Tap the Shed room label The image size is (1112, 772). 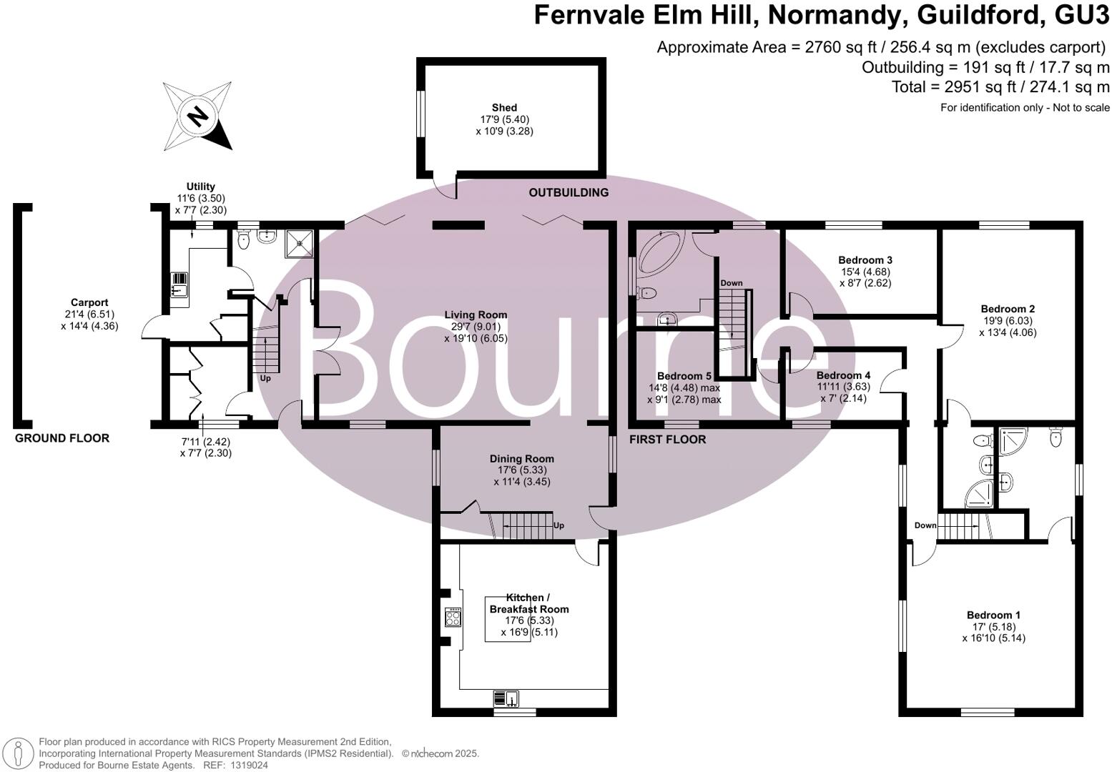tap(504, 108)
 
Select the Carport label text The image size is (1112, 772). tap(89, 303)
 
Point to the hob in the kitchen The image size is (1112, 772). tap(453, 618)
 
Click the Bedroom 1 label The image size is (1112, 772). tap(993, 615)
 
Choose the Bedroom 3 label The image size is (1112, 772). tap(865, 260)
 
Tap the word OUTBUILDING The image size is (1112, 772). tap(569, 192)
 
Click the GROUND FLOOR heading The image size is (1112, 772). tap(62, 438)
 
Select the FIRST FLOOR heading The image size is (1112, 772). tap(667, 440)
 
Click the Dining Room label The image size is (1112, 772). tap(521, 459)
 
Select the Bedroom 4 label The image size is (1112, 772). tap(843, 375)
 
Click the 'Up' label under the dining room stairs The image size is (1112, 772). tap(559, 525)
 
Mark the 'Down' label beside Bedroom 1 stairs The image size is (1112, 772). tap(925, 525)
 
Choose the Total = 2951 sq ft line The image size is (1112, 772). tap(1000, 87)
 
